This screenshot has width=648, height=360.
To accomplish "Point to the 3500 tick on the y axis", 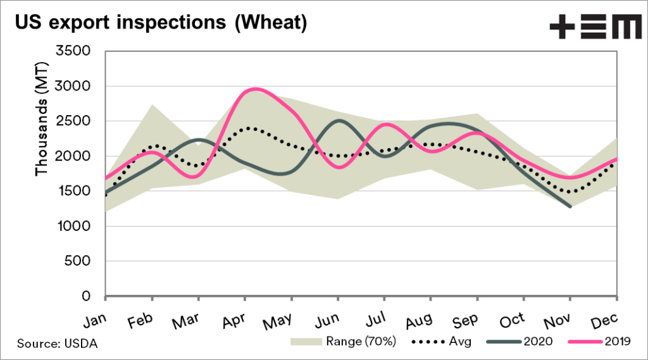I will [x=74, y=51].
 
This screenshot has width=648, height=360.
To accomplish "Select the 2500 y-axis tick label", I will [x=74, y=121].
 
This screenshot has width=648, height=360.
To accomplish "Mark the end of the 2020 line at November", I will [x=571, y=206].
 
